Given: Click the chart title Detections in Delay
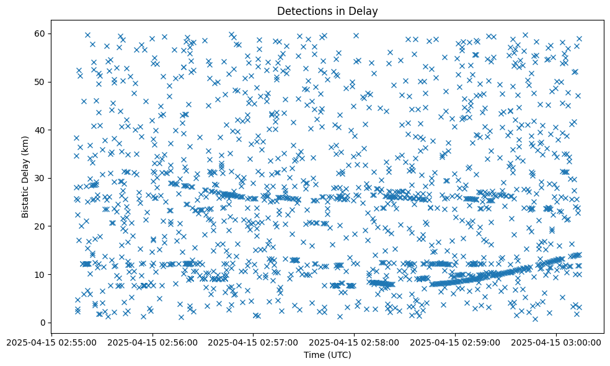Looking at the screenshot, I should [x=327, y=11].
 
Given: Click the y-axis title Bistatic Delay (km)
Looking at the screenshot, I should [x=25, y=177].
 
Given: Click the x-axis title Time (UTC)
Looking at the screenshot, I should [x=327, y=355].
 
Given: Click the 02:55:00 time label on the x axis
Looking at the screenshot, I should [x=51, y=342].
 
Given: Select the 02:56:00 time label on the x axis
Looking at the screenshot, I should [x=152, y=342].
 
